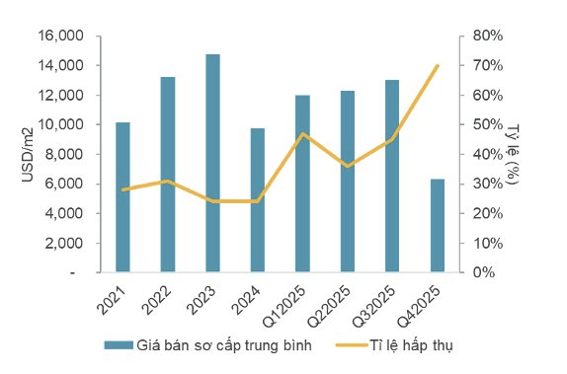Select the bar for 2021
tap(122, 197)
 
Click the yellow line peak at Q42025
tap(437, 65)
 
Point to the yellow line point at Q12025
tap(302, 133)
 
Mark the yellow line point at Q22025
tap(347, 166)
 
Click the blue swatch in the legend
tap(119, 344)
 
